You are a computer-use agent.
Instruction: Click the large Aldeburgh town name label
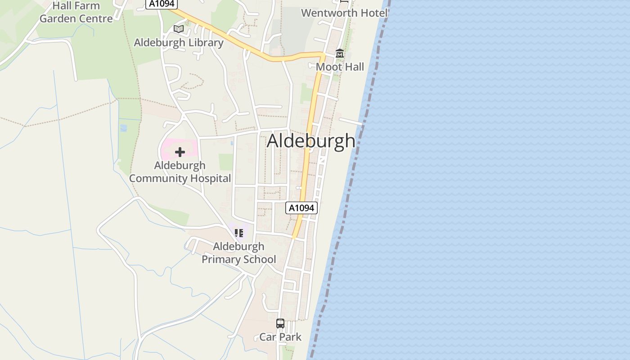pos(311,141)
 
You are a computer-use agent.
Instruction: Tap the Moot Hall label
pos(340,67)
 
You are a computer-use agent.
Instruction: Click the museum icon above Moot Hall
pos(340,54)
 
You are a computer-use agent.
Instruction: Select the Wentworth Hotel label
pos(344,13)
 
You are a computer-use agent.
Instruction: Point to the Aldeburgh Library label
pos(179,43)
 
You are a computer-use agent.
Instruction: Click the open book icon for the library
pos(179,29)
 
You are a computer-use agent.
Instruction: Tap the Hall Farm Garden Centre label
pos(76,13)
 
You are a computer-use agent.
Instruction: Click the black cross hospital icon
pos(180,152)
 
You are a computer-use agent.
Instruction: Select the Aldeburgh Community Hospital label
pos(180,172)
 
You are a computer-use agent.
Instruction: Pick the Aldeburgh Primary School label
pos(238,253)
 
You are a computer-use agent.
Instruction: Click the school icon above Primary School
pos(238,233)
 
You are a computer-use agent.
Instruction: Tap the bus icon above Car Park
pos(280,323)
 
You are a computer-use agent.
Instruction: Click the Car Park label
pos(280,337)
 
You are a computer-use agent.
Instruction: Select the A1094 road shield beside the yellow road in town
pos(301,208)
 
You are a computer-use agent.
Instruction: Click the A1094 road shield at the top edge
pos(162,4)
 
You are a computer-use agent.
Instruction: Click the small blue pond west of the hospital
pos(123,128)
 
